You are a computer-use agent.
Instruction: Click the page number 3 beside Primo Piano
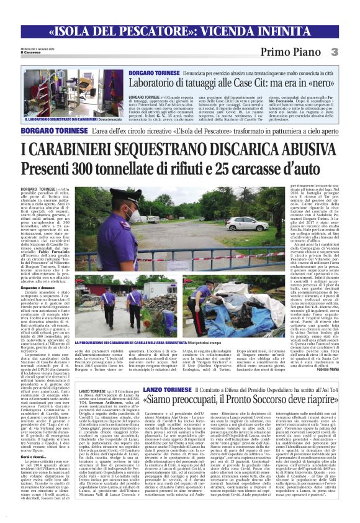coord(351,52)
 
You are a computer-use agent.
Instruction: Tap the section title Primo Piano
coord(310,52)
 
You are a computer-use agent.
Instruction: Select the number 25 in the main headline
coord(241,168)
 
